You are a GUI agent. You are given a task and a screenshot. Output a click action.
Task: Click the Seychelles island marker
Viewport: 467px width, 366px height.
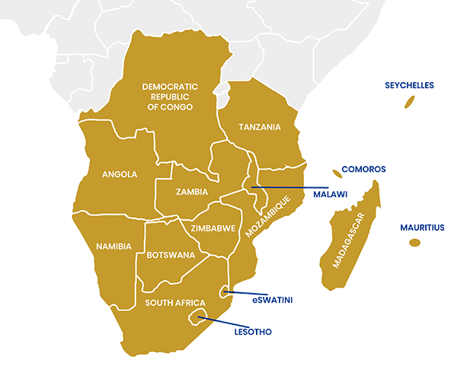pos(408,102)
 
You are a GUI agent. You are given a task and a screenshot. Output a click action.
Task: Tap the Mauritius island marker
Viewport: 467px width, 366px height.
pos(414,243)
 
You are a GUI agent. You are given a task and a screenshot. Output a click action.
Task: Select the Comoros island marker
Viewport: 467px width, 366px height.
pos(336,173)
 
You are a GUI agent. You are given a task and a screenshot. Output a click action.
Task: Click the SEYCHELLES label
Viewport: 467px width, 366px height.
pos(409,85)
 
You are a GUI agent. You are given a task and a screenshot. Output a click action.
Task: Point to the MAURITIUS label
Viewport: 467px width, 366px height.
pos(422,228)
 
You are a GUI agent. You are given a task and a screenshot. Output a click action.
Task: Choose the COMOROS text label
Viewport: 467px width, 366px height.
pos(364,169)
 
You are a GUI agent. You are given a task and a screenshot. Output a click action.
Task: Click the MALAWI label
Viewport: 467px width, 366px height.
pos(331,195)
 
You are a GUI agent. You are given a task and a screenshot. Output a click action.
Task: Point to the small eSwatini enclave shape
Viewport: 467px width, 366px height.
pos(223,291)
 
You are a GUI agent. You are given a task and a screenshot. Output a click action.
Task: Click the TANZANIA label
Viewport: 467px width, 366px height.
pos(259,127)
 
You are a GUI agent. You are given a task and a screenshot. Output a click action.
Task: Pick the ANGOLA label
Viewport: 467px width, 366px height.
pos(120,174)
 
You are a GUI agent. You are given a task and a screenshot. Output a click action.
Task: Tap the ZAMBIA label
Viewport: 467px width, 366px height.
pos(191,192)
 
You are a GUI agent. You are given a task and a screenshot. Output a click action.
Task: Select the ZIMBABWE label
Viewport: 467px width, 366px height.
pos(213,228)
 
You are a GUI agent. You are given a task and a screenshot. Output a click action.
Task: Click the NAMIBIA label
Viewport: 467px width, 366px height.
pos(114,247)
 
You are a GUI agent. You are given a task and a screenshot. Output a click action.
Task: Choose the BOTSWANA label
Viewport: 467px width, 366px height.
pos(171,255)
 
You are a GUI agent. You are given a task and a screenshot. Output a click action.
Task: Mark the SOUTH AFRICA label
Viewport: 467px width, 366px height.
pos(175,303)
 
